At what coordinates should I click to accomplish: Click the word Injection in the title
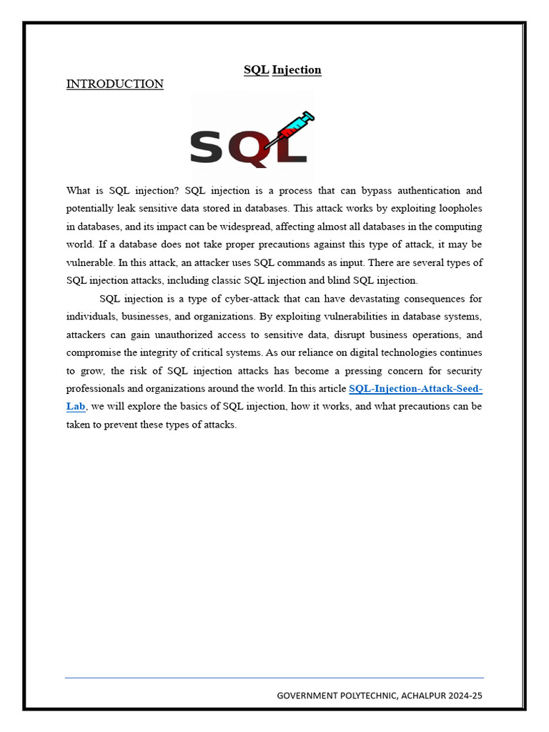(297, 70)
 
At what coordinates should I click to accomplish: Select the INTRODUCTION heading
(114, 84)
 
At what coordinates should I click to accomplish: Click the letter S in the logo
(207, 147)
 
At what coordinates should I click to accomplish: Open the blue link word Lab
(76, 407)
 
